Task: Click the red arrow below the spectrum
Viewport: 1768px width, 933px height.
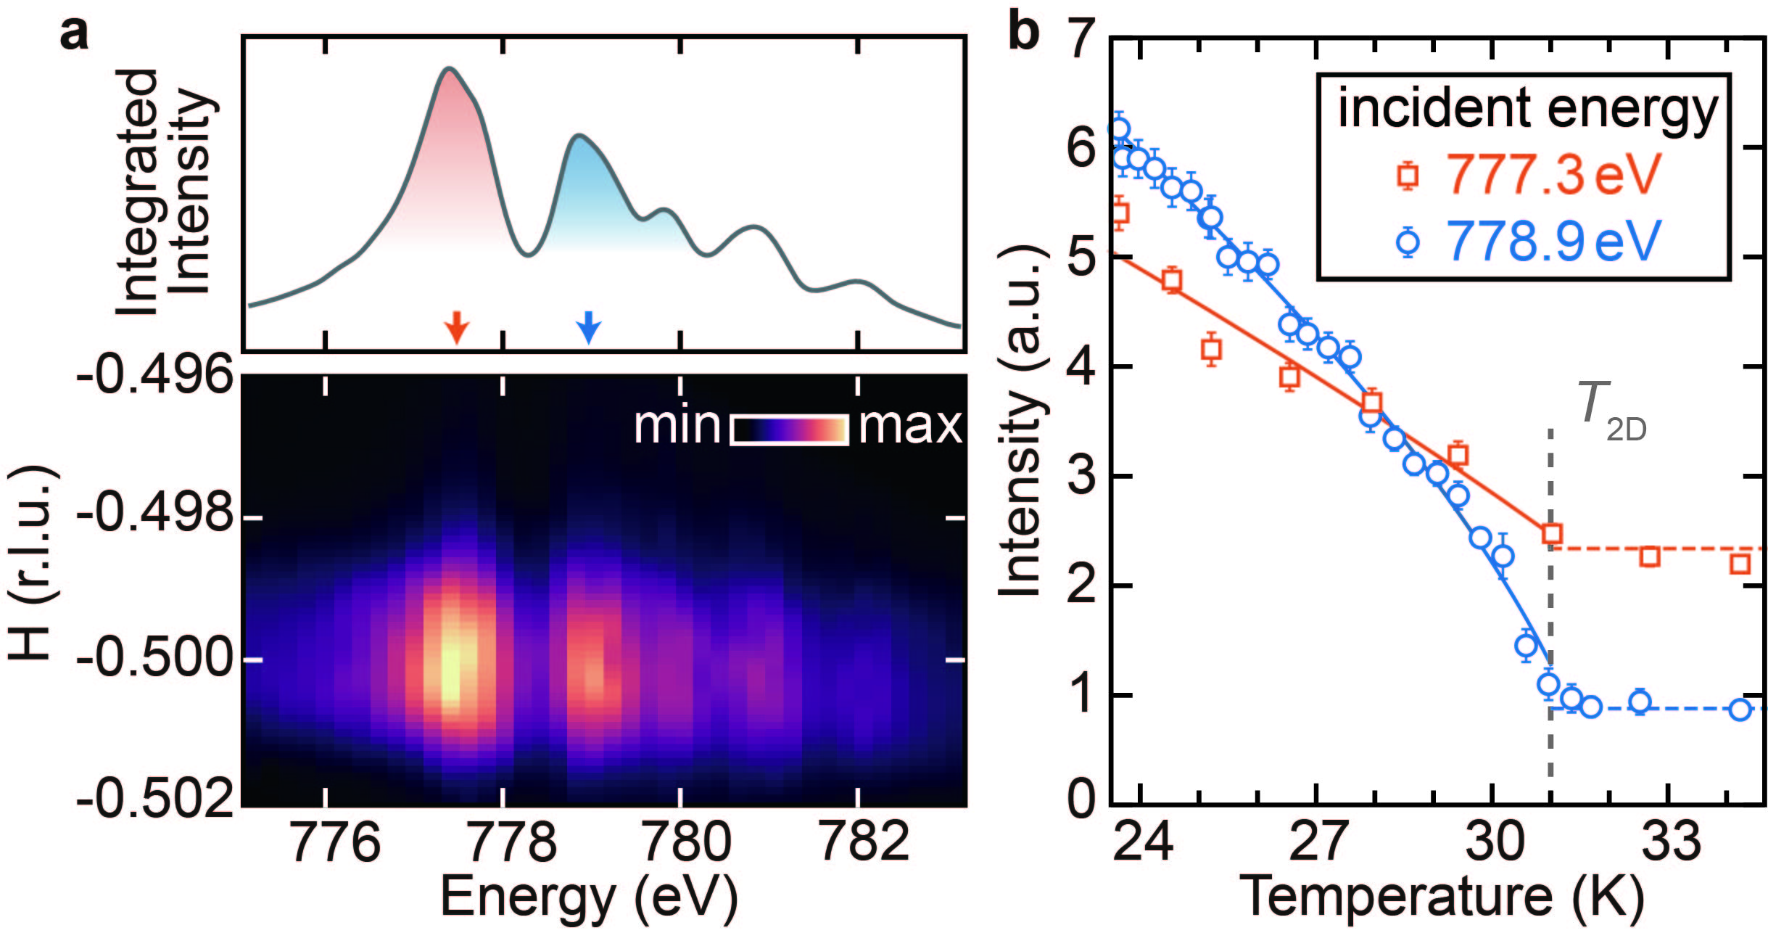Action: (456, 327)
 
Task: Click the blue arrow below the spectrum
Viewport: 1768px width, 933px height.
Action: (589, 327)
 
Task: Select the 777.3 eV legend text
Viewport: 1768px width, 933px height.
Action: (1553, 175)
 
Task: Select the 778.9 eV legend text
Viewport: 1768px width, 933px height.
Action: (1553, 241)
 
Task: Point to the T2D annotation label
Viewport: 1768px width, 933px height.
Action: (1610, 411)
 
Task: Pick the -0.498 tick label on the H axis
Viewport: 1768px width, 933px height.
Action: (154, 516)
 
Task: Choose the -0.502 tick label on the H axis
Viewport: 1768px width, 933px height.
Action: (154, 800)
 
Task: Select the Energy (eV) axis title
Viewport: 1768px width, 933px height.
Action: (589, 898)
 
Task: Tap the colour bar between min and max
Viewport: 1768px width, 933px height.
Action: (790, 429)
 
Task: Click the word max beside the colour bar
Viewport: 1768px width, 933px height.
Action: (910, 427)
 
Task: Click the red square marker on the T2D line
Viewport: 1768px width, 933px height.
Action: (1551, 534)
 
